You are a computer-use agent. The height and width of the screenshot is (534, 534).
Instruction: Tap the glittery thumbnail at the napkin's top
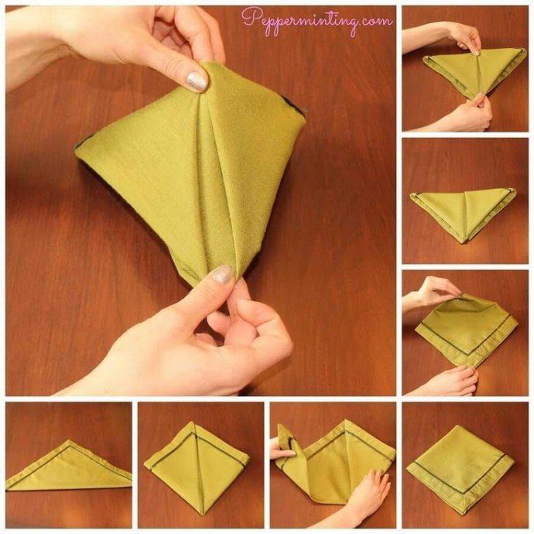click(x=197, y=81)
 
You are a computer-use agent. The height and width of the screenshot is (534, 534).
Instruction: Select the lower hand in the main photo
click(x=190, y=337)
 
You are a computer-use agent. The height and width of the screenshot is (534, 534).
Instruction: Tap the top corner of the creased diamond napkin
click(x=193, y=423)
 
